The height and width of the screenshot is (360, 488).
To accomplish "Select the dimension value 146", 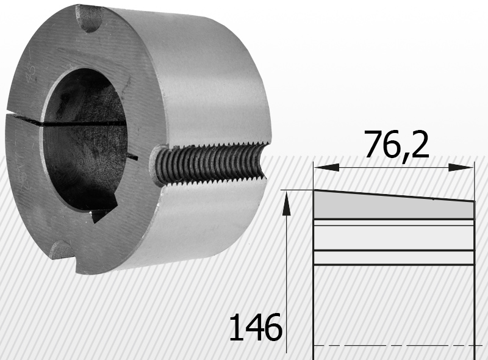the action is (256, 327).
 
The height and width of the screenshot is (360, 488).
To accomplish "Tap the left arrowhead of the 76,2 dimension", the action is (326, 168).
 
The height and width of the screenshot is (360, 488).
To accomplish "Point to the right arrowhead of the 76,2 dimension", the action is (461, 168).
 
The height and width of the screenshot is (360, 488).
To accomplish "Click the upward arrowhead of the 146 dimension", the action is (286, 203).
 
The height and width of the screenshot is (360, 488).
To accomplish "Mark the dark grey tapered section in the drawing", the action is (393, 206).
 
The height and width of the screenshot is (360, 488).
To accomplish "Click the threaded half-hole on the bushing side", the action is (209, 164).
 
